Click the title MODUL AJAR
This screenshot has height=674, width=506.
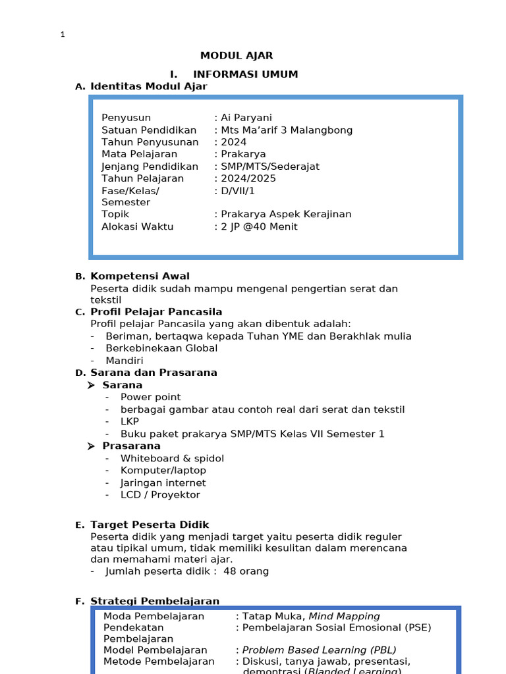(x=237, y=56)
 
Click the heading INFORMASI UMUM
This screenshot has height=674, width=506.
(x=245, y=74)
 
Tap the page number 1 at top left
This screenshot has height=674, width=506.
(x=63, y=35)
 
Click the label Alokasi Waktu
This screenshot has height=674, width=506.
(x=137, y=227)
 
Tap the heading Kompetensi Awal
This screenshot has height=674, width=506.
(x=140, y=276)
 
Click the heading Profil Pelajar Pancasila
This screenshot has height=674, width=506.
(x=156, y=312)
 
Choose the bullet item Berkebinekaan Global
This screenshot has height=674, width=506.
(x=161, y=348)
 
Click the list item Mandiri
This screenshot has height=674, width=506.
(x=125, y=361)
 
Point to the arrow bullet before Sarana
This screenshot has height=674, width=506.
(x=92, y=385)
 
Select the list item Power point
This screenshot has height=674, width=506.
(x=150, y=397)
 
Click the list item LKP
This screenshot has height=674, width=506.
(x=130, y=421)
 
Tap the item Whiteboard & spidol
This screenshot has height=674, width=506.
(x=172, y=458)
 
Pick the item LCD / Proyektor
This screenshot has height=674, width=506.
(x=160, y=495)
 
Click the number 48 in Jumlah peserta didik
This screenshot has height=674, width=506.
(x=230, y=571)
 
